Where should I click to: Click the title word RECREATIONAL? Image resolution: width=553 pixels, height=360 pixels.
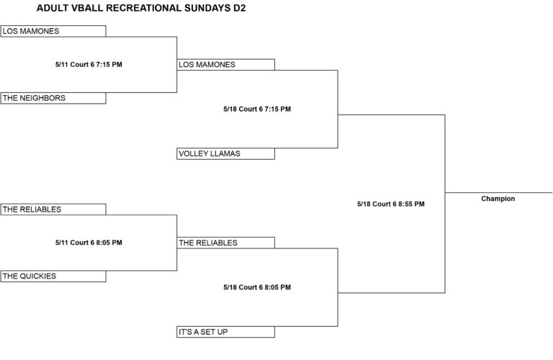pos(143,8)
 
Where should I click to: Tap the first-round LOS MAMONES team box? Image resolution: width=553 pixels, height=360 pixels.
pos(53,31)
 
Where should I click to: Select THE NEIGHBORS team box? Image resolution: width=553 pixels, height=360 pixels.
pos(53,98)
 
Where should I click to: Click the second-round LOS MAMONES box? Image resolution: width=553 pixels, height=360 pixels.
pos(225,65)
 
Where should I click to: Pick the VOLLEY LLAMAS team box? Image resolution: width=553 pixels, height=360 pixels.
pos(225,154)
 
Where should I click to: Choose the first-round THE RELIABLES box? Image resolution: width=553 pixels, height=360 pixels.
pos(53,210)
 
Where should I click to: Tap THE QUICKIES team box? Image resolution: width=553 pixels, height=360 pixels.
pos(53,276)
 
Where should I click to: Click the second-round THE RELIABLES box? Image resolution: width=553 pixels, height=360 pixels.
pos(225,243)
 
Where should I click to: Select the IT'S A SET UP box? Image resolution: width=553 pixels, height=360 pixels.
pos(225,332)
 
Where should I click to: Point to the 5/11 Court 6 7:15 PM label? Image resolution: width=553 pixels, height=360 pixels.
pos(89,65)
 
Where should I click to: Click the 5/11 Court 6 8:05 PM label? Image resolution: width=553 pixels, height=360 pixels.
pos(89,243)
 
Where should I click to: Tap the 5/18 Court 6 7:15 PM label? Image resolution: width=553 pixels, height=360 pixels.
pos(257,109)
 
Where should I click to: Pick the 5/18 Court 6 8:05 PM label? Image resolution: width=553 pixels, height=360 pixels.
pos(257,287)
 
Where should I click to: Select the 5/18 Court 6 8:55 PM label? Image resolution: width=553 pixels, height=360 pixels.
pos(391,204)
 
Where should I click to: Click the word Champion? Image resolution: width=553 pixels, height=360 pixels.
pos(498,199)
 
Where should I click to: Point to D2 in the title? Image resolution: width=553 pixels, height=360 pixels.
pos(239,8)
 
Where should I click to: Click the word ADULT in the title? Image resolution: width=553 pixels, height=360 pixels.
pos(52,8)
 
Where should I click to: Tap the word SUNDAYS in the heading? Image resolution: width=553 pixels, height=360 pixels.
pos(207,8)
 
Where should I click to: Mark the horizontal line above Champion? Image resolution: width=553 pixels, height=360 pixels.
pos(499,193)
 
